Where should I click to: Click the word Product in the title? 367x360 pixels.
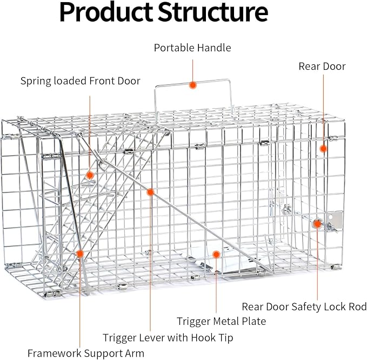click(x=106, y=12)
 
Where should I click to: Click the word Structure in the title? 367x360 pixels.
click(x=213, y=12)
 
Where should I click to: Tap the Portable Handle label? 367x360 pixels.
click(x=192, y=48)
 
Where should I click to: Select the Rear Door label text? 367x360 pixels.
click(x=322, y=66)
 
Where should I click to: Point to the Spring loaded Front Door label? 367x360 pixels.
click(x=81, y=81)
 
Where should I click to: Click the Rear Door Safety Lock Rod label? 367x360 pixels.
click(x=304, y=306)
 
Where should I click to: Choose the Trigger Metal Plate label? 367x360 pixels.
click(x=221, y=321)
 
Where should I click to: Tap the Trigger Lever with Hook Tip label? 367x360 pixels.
click(x=168, y=338)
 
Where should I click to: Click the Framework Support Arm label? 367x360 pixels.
click(x=85, y=353)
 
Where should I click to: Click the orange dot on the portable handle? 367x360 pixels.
click(x=192, y=85)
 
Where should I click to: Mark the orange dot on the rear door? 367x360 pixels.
click(x=323, y=149)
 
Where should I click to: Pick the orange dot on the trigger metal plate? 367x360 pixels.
click(x=216, y=254)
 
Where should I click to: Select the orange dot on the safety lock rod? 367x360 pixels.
click(x=317, y=224)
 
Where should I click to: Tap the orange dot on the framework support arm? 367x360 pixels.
click(x=80, y=254)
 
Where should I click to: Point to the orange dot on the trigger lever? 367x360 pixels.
click(x=150, y=192)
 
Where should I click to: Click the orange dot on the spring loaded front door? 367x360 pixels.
click(x=90, y=175)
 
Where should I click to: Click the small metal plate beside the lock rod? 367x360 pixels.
click(x=335, y=221)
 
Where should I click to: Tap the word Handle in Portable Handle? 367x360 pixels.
click(x=214, y=48)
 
